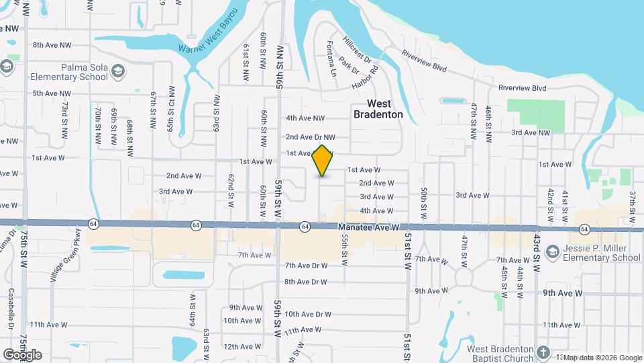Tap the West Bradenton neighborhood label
tap(378, 109)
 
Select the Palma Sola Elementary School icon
tap(118, 71)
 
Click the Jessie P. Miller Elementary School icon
tap(553, 252)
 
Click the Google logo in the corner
tap(22, 355)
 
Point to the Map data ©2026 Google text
tap(602, 358)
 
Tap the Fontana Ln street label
tap(331, 58)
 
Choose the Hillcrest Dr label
tap(356, 50)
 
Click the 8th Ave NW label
tap(52, 45)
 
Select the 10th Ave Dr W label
tap(308, 314)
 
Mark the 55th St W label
tap(344, 249)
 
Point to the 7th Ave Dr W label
tap(306, 266)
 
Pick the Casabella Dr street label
tap(11, 309)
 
